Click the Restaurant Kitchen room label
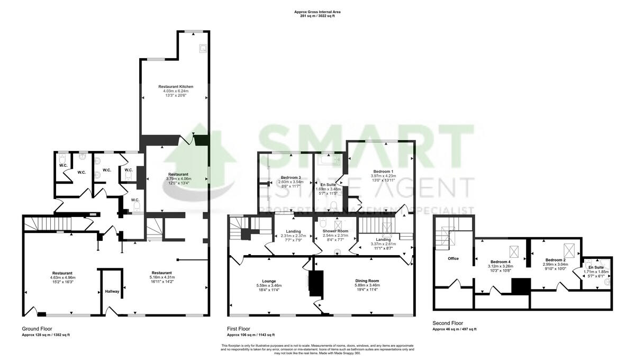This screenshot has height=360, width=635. [176, 86]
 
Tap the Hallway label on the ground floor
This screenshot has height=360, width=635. [112, 292]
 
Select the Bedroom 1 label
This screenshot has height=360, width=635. [383, 172]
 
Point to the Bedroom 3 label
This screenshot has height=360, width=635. [291, 177]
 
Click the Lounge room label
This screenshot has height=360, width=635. [269, 281]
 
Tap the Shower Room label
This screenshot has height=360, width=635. [335, 231]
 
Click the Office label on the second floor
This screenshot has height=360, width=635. [453, 258]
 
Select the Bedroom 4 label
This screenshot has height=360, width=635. [500, 262]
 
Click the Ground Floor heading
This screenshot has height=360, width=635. [37, 329]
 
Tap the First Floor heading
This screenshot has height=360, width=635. [239, 329]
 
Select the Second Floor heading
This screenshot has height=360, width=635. [448, 323]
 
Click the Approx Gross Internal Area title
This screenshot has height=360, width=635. [317, 12]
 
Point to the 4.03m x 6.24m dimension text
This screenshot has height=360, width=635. [176, 91]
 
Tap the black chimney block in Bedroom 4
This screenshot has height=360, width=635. [521, 286]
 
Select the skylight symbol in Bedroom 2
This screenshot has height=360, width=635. [569, 248]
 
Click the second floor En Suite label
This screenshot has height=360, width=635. [595, 267]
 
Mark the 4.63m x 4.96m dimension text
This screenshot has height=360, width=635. [62, 277]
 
